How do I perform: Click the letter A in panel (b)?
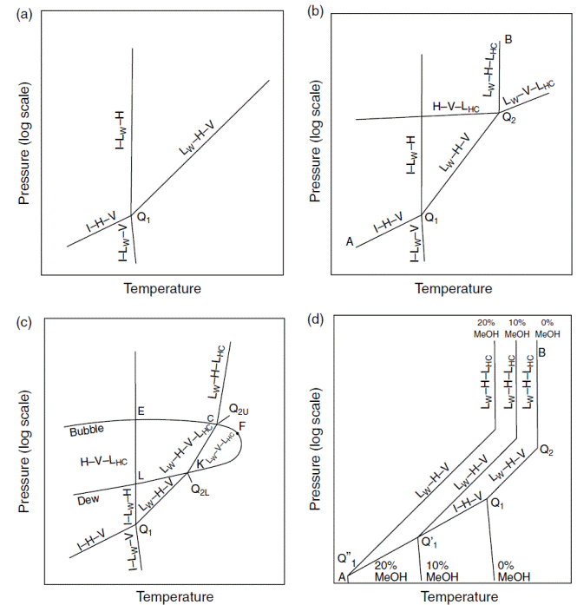351,242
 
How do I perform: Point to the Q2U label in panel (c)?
239,408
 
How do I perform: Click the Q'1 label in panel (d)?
428,543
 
